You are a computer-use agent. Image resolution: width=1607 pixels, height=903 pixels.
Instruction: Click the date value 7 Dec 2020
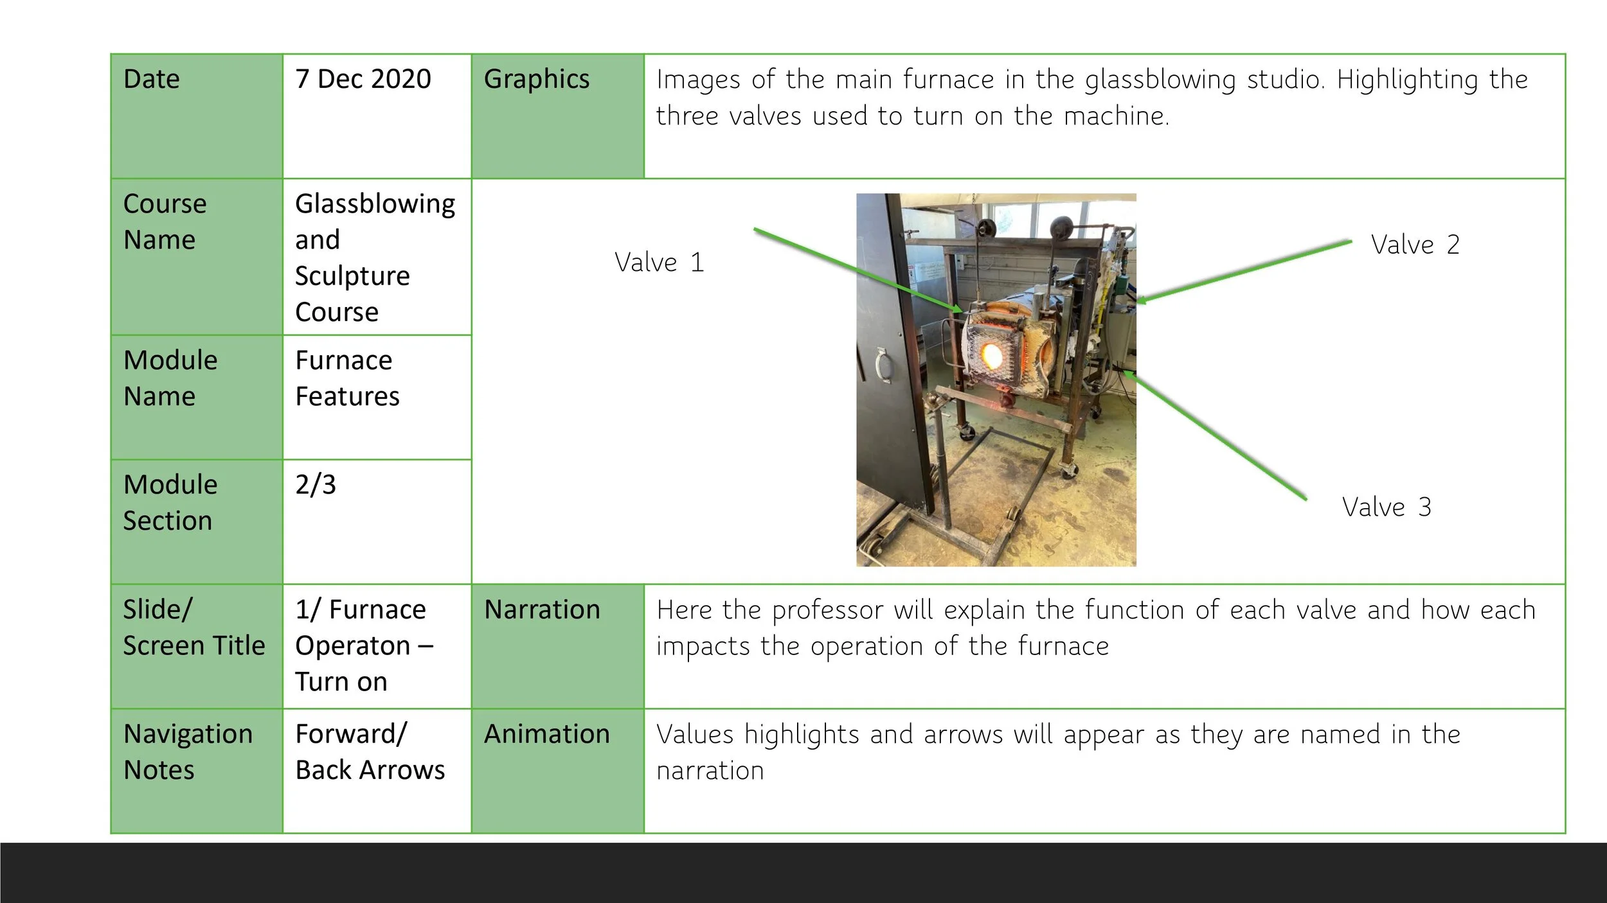363,80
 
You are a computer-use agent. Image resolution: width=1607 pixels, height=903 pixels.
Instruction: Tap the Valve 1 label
659,263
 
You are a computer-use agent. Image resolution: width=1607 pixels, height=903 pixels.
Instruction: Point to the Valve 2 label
1415,245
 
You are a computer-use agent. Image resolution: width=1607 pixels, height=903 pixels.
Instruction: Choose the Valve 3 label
1387,507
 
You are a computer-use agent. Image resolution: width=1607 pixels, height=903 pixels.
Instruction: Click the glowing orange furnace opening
991,355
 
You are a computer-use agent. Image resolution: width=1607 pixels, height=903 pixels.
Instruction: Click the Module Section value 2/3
316,485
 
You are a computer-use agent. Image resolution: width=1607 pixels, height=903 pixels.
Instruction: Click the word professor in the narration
827,610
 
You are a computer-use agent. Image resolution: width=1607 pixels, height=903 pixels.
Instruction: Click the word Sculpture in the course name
352,276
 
